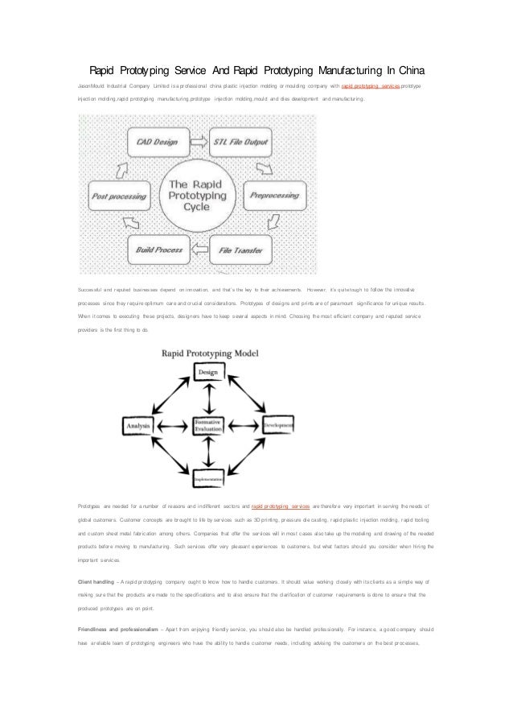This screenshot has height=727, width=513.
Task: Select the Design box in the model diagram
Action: pos(208,372)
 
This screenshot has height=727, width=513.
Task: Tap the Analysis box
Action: pos(137,424)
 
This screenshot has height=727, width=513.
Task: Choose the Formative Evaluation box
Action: pos(207,426)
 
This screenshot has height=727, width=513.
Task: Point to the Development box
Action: pos(276,424)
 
